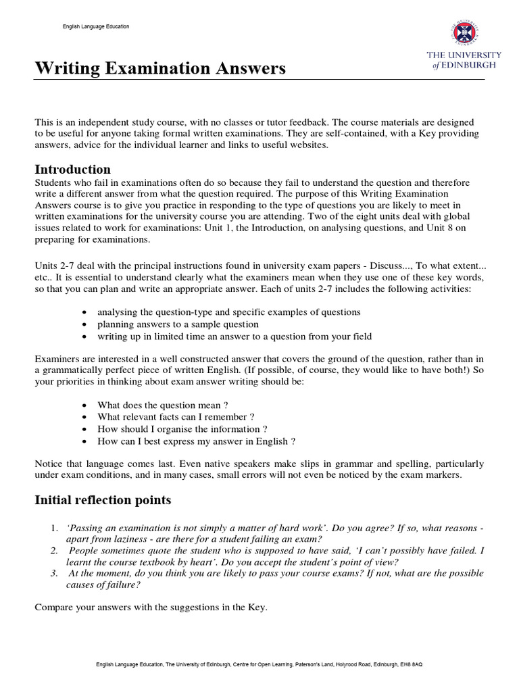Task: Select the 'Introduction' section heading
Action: point(73,169)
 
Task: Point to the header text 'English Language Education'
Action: point(95,26)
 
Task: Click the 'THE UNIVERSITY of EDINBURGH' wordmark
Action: point(463,59)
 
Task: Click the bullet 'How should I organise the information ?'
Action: point(182,429)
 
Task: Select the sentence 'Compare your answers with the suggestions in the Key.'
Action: point(151,608)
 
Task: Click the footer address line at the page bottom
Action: point(259,665)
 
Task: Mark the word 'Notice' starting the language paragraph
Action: point(49,464)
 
